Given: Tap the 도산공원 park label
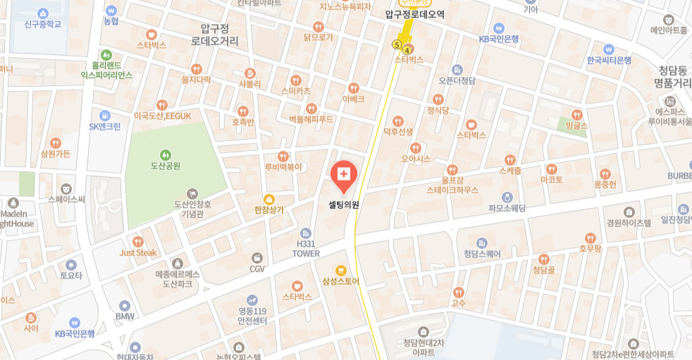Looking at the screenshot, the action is pyautogui.click(x=165, y=166).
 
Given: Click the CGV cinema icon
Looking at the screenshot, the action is pyautogui.click(x=257, y=257).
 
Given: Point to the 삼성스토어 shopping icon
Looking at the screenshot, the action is pyautogui.click(x=341, y=270).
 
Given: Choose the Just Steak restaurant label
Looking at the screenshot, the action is pyautogui.click(x=137, y=252).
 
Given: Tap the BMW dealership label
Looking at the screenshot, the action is pyautogui.click(x=125, y=317).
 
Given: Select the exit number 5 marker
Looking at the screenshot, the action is pyautogui.click(x=397, y=45).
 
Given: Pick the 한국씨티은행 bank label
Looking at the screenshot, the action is pyautogui.click(x=609, y=61).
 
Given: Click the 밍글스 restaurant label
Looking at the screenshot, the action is pyautogui.click(x=576, y=125).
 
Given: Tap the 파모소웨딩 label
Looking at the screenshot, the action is pyautogui.click(x=507, y=208).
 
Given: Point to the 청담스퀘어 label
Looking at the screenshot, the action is pyautogui.click(x=481, y=254).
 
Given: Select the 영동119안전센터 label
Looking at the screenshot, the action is pyautogui.click(x=252, y=316).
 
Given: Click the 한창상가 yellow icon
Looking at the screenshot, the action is pyautogui.click(x=268, y=199).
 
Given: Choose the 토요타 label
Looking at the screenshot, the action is pyautogui.click(x=71, y=275).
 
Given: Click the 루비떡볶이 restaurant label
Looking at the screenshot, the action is pyautogui.click(x=283, y=167).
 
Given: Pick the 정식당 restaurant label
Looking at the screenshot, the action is pyautogui.click(x=438, y=110).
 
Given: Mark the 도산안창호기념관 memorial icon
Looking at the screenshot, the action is pyautogui.click(x=192, y=193).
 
